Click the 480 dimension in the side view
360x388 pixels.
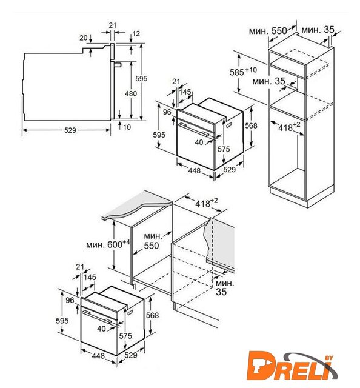pos(131,93)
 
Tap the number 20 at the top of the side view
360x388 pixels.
pos(84,38)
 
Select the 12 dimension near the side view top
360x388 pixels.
pos(136,33)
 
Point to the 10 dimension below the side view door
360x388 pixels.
pos(127,127)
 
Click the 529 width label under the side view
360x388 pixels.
pos(70,130)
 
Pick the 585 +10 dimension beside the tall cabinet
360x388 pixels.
pos(244,72)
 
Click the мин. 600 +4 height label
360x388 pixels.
pos(108,244)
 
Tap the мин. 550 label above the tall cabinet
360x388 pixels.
pos(268,31)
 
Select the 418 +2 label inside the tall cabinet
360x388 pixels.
pos(289,127)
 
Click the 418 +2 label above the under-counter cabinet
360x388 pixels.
pos(207,203)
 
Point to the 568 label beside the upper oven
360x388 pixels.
pos(251,125)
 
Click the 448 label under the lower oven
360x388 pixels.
pos(98,356)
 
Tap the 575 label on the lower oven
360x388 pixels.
pos(125,336)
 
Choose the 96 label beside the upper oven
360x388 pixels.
pos(167,112)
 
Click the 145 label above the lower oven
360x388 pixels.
pos(90,277)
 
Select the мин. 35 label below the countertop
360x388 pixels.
pos(224,287)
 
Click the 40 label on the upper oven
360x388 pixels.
pos(199,142)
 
